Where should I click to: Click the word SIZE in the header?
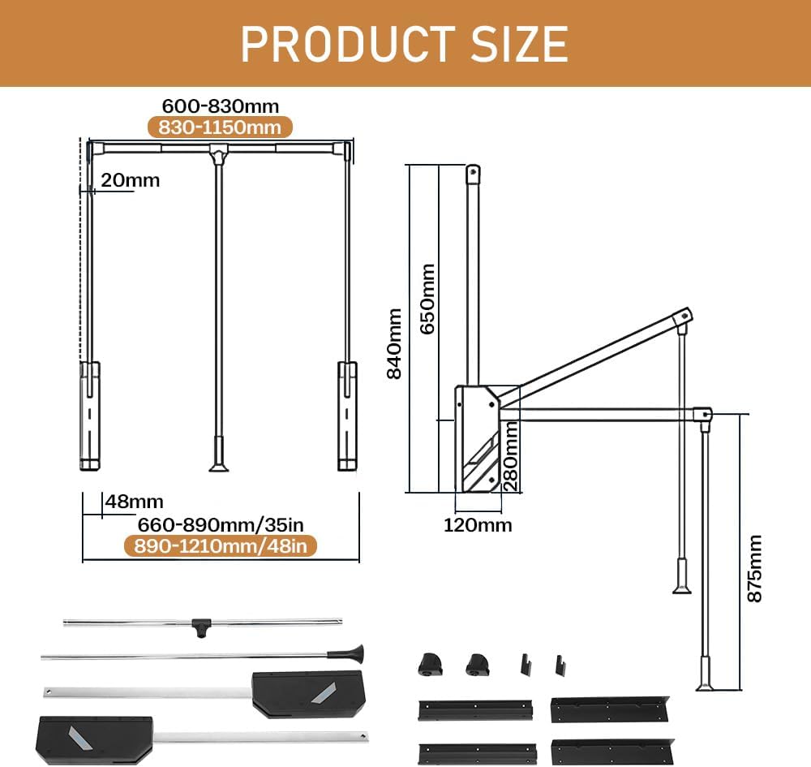click(510, 43)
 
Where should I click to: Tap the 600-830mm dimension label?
click(221, 106)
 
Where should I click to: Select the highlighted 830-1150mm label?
click(220, 127)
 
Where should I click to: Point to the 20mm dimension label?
click(131, 180)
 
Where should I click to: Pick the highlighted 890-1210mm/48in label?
click(220, 546)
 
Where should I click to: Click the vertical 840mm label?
click(394, 343)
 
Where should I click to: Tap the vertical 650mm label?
click(427, 296)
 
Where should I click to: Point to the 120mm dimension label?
click(478, 524)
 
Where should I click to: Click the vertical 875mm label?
click(755, 567)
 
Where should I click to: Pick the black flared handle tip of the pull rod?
click(354, 652)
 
